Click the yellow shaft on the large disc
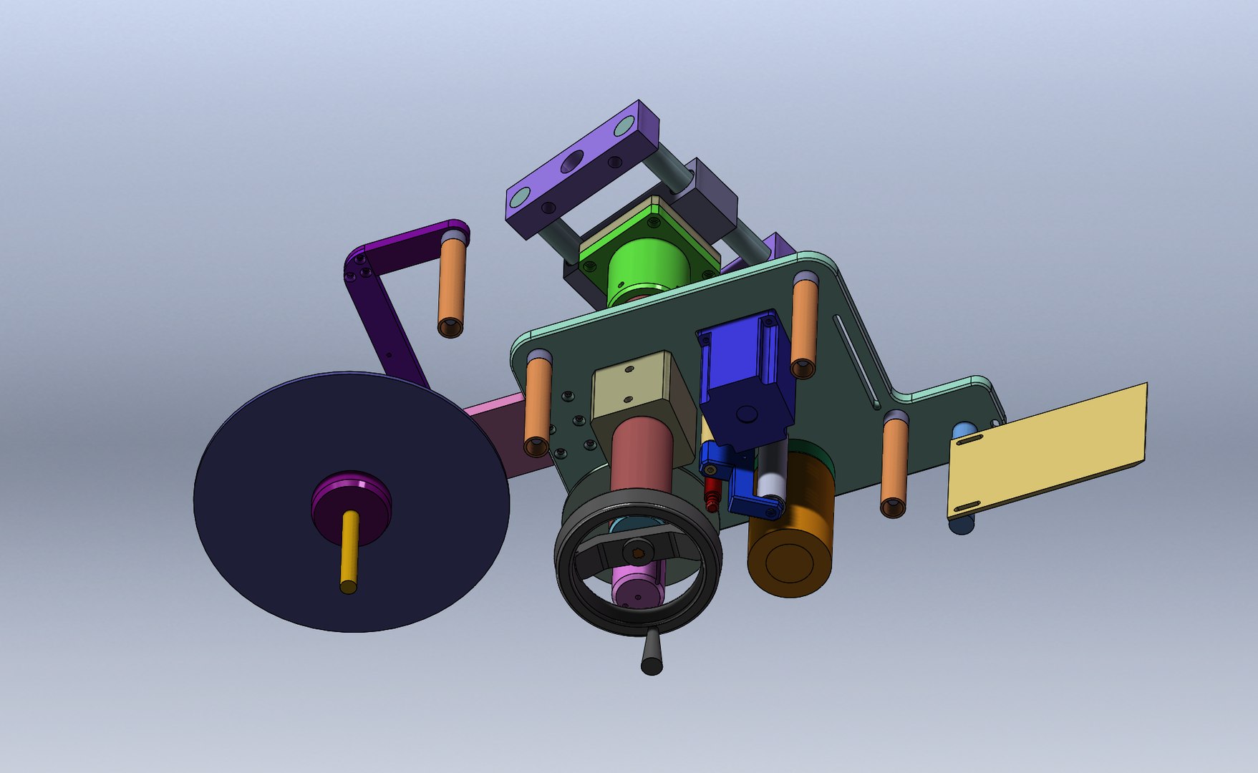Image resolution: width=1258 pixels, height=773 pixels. click(x=348, y=551)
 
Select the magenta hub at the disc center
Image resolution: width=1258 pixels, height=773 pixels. click(x=351, y=494)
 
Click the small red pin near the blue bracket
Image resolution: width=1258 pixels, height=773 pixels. click(x=710, y=494)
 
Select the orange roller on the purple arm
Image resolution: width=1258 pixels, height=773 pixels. click(x=452, y=286)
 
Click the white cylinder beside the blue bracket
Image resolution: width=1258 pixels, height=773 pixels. click(x=772, y=476)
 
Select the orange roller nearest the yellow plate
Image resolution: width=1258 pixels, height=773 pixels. click(x=894, y=465)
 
